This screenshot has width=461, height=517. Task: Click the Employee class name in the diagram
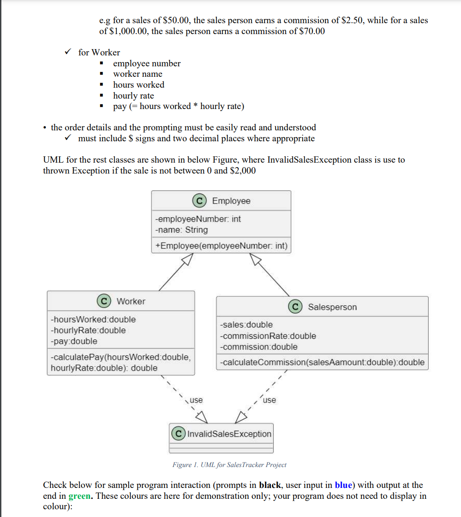[231, 201]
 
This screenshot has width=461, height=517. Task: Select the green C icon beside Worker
[104, 301]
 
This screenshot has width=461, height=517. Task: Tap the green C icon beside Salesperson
[296, 307]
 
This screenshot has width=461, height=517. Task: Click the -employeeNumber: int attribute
[198, 219]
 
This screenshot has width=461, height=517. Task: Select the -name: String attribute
[181, 230]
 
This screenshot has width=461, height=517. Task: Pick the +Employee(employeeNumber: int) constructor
[221, 246]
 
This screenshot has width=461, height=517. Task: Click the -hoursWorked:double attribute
[93, 319]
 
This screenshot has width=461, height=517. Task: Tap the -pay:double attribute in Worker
[74, 341]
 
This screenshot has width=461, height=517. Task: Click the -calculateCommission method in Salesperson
[322, 362]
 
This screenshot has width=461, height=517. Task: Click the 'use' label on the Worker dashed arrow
[196, 400]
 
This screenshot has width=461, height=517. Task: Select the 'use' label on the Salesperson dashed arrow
[269, 400]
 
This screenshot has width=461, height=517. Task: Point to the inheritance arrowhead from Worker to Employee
[187, 259]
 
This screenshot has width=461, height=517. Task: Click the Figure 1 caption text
[229, 465]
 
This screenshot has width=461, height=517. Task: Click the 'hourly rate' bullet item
[134, 95]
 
